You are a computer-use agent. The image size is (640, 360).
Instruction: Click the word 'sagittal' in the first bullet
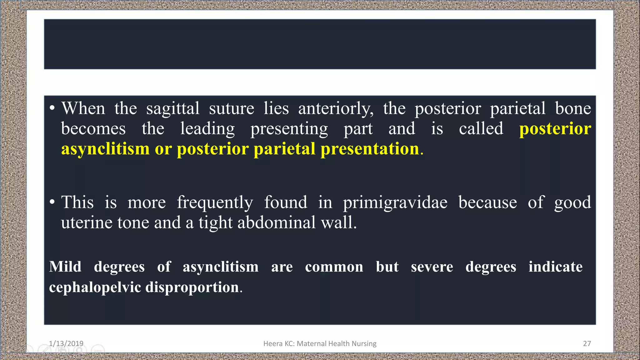173,109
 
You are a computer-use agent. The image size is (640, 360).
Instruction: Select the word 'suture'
232,109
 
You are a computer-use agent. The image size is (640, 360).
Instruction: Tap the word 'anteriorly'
336,109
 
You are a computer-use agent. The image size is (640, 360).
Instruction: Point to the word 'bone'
573,109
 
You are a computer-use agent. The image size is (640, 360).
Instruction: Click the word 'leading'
207,129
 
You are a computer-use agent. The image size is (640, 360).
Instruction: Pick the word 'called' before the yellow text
481,129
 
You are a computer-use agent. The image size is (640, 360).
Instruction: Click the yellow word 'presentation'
370,149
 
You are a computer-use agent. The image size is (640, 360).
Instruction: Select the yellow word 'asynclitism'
105,149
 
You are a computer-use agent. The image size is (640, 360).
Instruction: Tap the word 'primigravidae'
395,202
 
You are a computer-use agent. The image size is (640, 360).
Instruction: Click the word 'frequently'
215,202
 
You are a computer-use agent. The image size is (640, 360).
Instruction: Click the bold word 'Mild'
65,267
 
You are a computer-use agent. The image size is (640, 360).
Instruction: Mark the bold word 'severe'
432,267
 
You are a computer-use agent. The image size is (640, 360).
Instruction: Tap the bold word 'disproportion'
192,287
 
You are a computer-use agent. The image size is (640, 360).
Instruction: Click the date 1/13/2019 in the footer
66,343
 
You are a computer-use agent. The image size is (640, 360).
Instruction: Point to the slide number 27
587,343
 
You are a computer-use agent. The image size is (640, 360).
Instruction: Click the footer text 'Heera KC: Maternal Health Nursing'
320,343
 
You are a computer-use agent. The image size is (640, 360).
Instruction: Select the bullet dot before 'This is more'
52,202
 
